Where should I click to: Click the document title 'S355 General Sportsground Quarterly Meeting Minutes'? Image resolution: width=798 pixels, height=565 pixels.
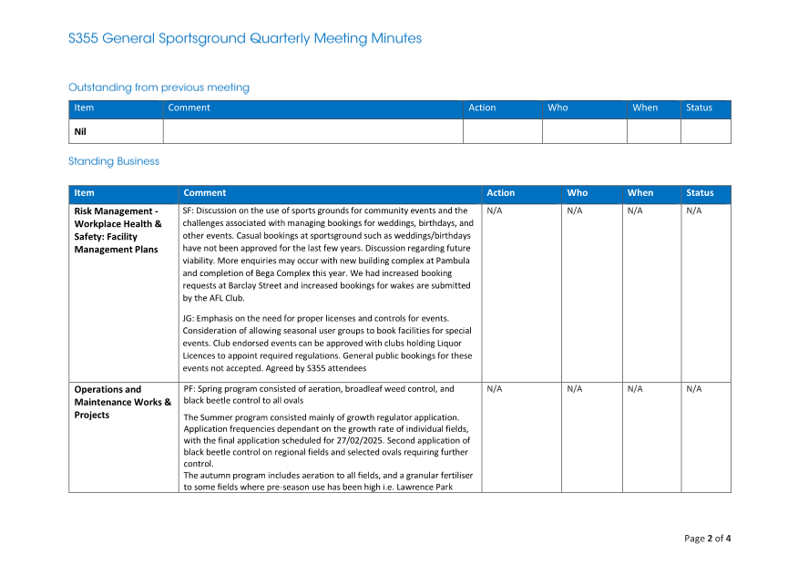tap(245, 38)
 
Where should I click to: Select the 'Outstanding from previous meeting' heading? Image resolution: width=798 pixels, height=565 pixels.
tap(159, 87)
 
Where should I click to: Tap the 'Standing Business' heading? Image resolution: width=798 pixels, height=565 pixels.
tap(114, 161)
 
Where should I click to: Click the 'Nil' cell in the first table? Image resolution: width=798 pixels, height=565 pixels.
tap(80, 131)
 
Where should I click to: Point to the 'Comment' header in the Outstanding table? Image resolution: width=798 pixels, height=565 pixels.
tap(189, 108)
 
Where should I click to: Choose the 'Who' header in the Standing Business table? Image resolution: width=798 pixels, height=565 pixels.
tap(578, 193)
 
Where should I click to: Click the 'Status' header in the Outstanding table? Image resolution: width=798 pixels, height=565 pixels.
tap(699, 108)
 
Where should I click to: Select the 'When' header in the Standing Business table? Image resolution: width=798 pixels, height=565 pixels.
tap(639, 193)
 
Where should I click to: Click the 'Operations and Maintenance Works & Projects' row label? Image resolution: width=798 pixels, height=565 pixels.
tap(122, 402)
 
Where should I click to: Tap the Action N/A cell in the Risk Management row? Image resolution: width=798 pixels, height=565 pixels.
tap(495, 211)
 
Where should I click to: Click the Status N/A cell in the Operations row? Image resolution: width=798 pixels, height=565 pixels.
tap(694, 389)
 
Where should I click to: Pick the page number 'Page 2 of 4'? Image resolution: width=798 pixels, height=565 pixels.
tap(707, 539)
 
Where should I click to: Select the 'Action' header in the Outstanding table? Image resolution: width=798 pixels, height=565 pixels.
tap(482, 108)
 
